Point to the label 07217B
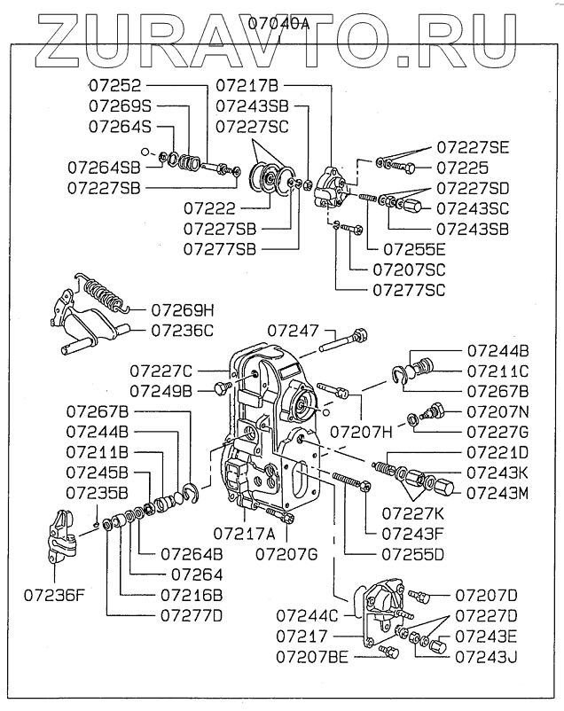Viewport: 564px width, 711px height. click(247, 85)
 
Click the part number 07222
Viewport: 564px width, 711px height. click(210, 208)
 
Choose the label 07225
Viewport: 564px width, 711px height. click(459, 166)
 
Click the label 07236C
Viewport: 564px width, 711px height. click(182, 330)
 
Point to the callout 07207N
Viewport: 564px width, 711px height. click(497, 411)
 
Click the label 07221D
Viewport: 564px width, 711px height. click(496, 452)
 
